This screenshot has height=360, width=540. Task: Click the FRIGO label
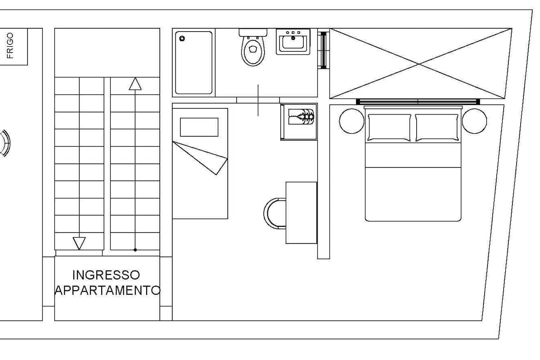coord(10,45)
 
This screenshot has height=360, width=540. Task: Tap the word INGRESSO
coord(106,275)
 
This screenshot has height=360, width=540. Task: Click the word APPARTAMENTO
coord(107,290)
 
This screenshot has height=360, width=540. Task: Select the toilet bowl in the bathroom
coord(253,51)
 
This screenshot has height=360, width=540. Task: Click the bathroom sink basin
coord(293,42)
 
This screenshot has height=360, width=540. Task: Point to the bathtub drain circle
coord(182,38)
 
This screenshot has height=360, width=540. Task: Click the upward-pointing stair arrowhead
coord(135,84)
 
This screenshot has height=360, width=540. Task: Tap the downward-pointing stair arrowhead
coord(79,243)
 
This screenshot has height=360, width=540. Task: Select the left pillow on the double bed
coord(389,127)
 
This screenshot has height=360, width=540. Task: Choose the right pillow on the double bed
coord(436,127)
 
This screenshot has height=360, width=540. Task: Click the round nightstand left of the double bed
coord(351,121)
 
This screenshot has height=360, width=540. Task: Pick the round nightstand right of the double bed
coord(474,121)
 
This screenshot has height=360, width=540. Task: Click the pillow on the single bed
coord(199,127)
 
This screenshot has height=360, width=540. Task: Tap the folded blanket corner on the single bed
coord(200,158)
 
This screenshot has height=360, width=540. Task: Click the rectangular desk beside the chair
coord(301,213)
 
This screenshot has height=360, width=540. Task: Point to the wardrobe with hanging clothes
coord(299,122)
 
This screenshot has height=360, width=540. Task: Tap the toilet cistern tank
coord(253,32)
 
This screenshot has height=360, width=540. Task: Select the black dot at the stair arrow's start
coord(135,250)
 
